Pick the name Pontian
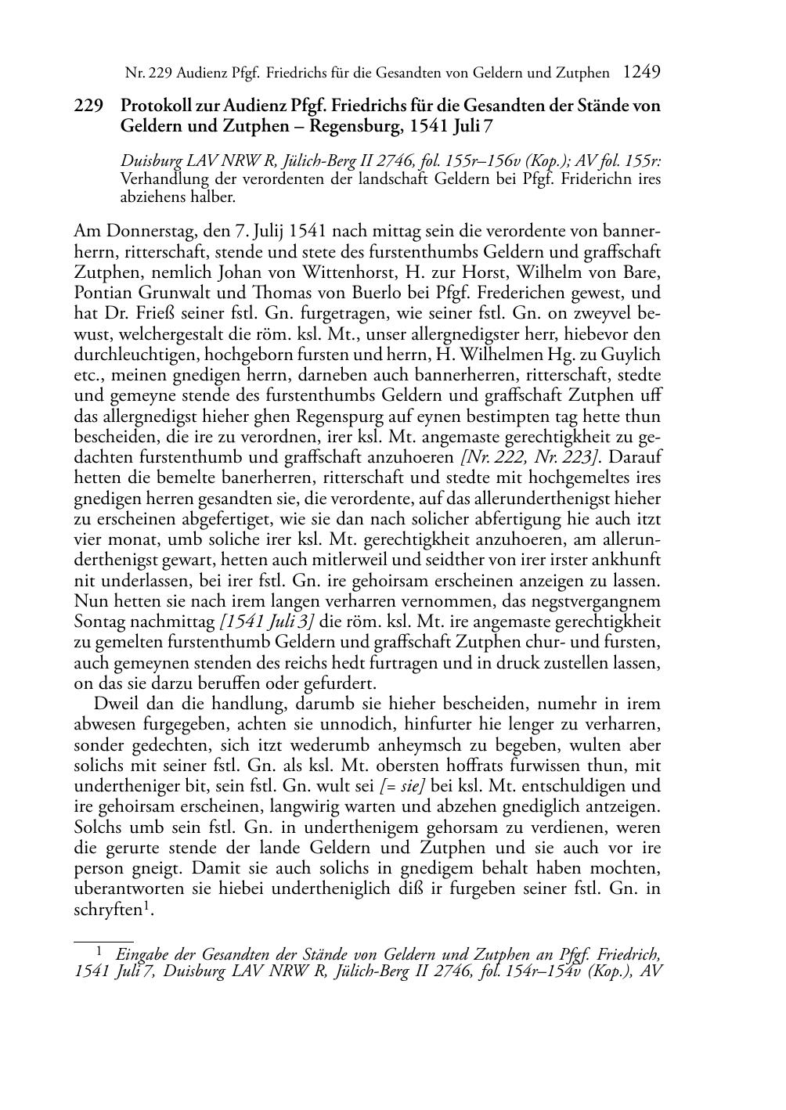point(99,294)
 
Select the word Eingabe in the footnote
point(143,954)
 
